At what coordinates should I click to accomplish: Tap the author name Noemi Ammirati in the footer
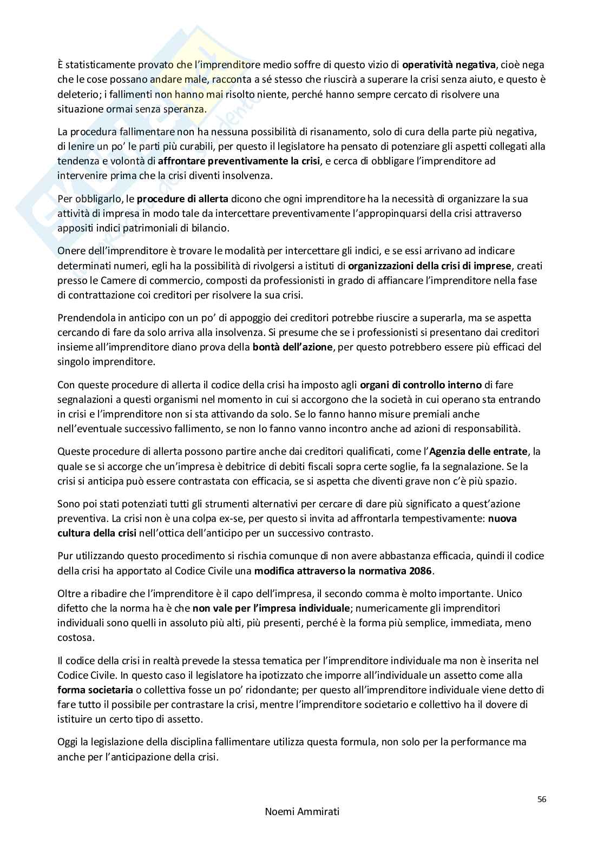302,812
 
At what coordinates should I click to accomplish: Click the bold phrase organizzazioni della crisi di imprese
429,266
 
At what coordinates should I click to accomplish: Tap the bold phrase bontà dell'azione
292,347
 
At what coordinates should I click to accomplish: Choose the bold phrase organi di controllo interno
421,385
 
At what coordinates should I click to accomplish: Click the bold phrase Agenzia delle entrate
478,451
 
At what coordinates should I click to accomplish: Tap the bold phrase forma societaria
95,690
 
